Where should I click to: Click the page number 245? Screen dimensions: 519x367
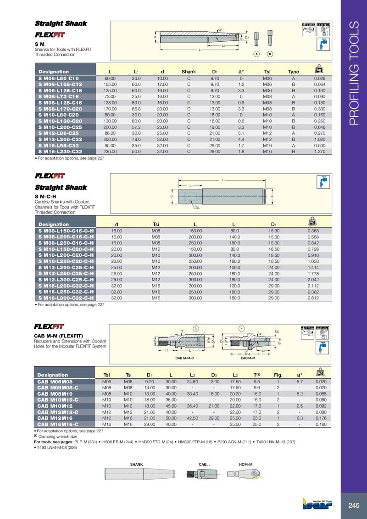[x=354, y=506]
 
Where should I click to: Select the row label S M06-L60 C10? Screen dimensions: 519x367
[x=59, y=79]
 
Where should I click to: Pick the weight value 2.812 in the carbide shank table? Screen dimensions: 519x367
[x=313, y=298]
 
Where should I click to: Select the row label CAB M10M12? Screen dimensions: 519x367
[x=55, y=405]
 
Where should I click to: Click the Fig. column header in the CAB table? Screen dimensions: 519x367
[x=278, y=375]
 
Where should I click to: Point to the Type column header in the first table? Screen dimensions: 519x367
[x=293, y=72]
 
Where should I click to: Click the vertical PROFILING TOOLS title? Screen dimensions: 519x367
[x=354, y=73]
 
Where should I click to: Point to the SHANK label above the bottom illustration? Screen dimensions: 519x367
[x=137, y=465]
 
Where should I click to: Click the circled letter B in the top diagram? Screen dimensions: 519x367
[x=270, y=54]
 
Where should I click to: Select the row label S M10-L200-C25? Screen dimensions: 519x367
[x=60, y=127]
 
